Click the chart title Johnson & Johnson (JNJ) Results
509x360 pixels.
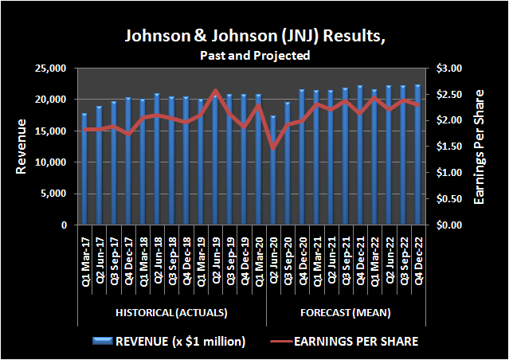[x=254, y=37]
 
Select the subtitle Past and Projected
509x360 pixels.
[x=254, y=56]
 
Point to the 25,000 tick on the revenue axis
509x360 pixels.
[x=54, y=69]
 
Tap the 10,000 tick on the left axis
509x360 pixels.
[x=54, y=162]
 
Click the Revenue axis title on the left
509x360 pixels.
[x=22, y=147]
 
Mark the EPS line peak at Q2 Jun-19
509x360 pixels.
[x=215, y=91]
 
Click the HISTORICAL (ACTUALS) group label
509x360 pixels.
[x=171, y=311]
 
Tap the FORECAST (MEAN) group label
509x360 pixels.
[x=346, y=311]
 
